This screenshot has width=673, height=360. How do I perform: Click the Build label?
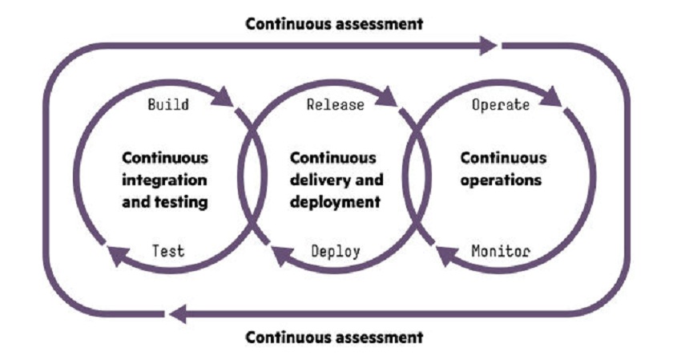168,105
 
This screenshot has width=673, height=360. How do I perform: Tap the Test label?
168,251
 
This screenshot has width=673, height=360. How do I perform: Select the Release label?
336,105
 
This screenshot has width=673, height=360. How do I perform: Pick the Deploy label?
336,251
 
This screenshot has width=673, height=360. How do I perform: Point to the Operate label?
501,105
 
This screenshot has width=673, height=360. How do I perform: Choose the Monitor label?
501,251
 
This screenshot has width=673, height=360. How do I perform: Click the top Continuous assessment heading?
334,24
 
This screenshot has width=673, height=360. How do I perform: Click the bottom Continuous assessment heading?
334,337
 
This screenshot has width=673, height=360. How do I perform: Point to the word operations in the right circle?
502,180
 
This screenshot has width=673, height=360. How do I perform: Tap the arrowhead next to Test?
118,256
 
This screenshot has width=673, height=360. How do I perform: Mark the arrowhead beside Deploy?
282,256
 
